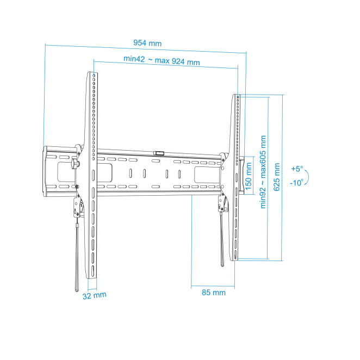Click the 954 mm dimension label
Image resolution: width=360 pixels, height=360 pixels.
[x=147, y=43]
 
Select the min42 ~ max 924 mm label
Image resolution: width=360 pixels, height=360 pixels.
[x=162, y=60]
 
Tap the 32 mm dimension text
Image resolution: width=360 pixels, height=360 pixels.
[x=95, y=295]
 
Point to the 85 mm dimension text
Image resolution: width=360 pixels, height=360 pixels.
[x=214, y=293]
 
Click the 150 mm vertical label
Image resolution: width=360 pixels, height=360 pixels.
[x=249, y=176]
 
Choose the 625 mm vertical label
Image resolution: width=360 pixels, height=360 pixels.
[x=277, y=177]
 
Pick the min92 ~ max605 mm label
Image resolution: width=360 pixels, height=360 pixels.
[x=263, y=172]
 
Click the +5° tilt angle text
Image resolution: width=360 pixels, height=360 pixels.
[x=297, y=169]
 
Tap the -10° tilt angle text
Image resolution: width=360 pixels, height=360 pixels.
[x=296, y=183]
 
